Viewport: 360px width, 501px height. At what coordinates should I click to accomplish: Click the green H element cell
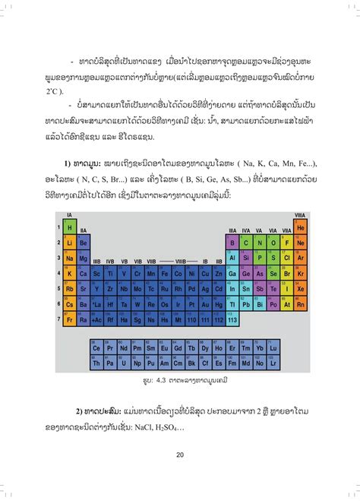point(69,227)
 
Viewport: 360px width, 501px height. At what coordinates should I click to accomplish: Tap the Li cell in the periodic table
point(69,243)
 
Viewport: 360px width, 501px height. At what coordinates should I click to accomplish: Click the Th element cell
point(96,363)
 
